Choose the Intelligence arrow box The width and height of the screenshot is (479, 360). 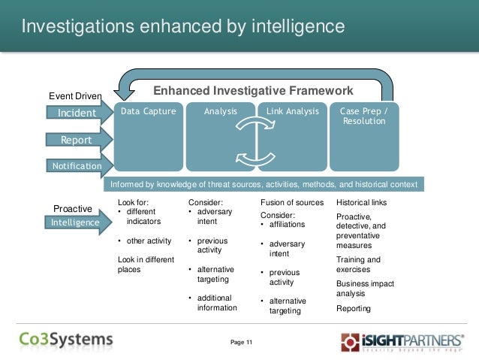coord(76,222)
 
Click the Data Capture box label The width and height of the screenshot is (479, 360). coord(149,111)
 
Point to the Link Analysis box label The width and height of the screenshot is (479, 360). coord(293,111)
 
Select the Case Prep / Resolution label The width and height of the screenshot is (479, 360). coord(364,116)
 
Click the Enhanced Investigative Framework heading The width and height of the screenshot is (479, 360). coord(253,91)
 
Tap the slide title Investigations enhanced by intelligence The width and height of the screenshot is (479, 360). coord(182,27)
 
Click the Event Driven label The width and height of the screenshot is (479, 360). coord(75,96)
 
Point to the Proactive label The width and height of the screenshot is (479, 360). coord(73,208)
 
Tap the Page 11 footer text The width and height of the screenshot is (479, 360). coord(242,343)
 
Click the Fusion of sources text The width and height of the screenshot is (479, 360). coord(292,203)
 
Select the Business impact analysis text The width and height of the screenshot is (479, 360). coord(360,289)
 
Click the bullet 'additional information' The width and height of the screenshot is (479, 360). coord(217,303)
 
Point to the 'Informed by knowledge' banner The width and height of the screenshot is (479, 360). coord(263,184)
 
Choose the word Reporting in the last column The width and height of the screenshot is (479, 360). coord(354,308)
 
